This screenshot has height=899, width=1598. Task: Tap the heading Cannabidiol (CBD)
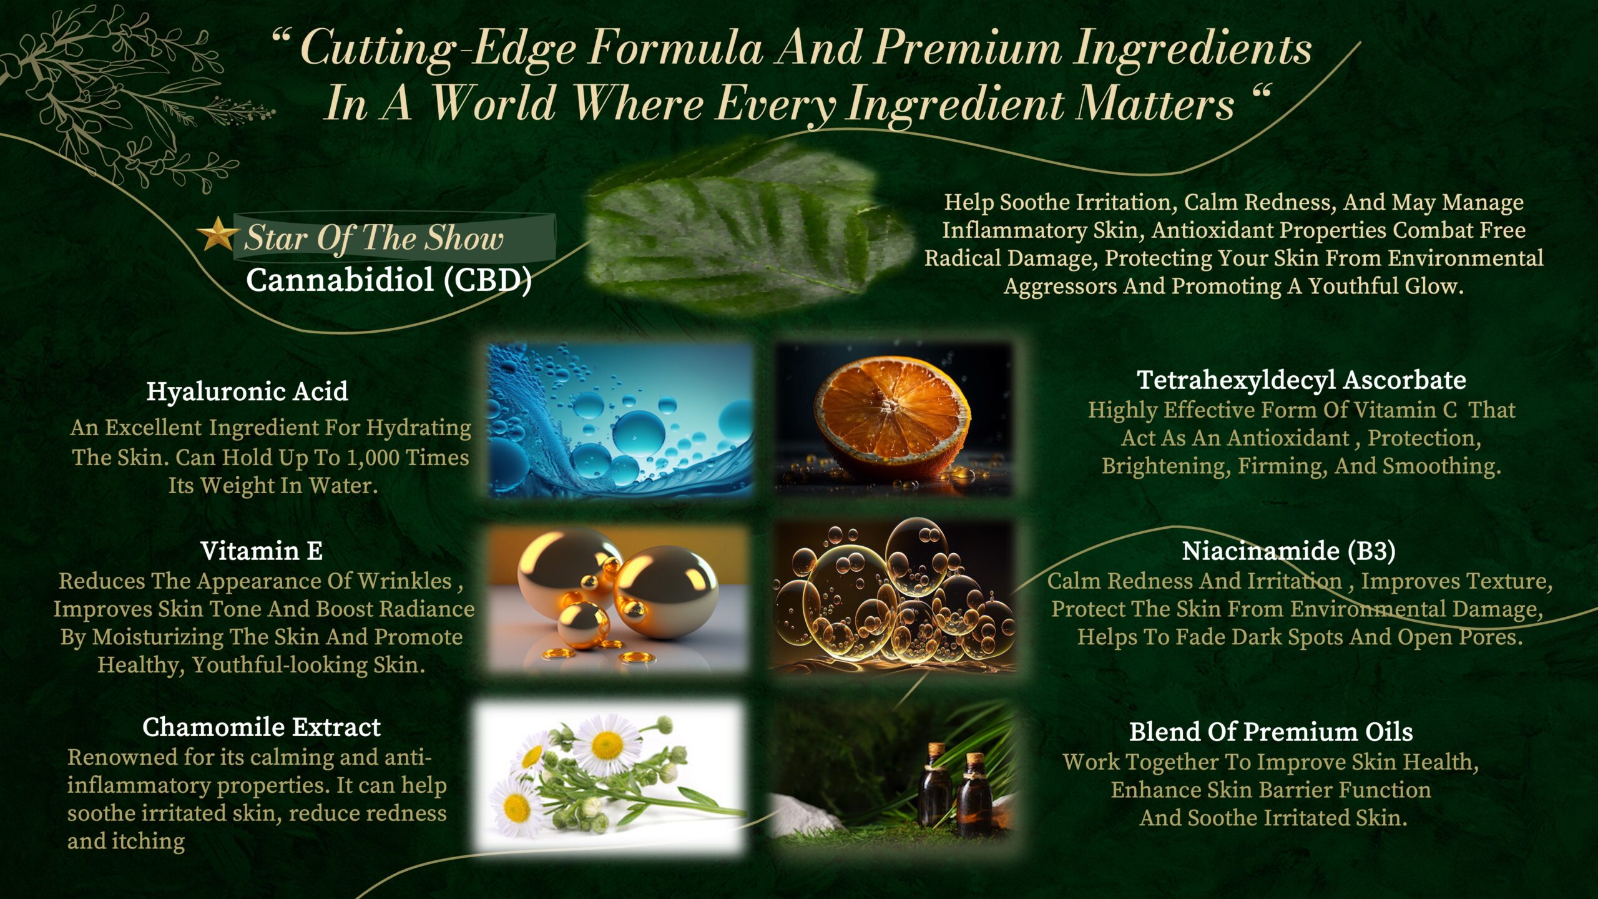click(x=388, y=280)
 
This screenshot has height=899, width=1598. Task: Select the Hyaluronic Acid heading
click(x=247, y=392)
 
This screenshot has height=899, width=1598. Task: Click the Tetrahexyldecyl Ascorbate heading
click(x=1301, y=380)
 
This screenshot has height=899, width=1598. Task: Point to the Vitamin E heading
click(x=262, y=551)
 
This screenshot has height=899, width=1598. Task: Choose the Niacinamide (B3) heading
click(x=1288, y=551)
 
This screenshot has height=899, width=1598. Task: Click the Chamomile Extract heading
click(x=262, y=727)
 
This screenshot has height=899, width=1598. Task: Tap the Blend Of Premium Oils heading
click(x=1271, y=732)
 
